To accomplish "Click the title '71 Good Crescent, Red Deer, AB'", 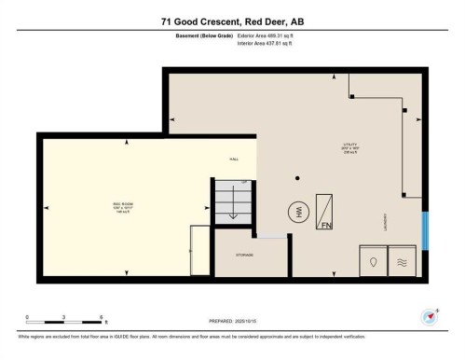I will (232, 13).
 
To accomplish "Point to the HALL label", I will (234, 159).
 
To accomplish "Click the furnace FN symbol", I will (326, 212).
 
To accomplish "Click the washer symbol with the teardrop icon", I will (373, 262).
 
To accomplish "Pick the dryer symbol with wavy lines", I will (403, 262).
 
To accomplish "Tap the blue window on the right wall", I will (425, 230).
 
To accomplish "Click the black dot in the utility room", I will (297, 177).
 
